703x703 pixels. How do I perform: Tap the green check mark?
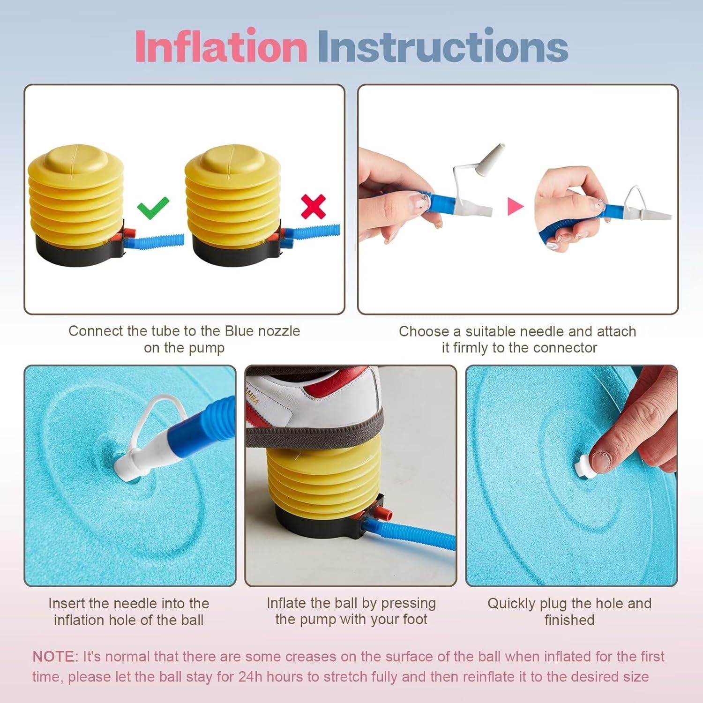coord(153,208)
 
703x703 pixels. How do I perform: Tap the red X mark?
coord(313,207)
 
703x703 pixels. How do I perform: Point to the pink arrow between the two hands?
coord(515,206)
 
